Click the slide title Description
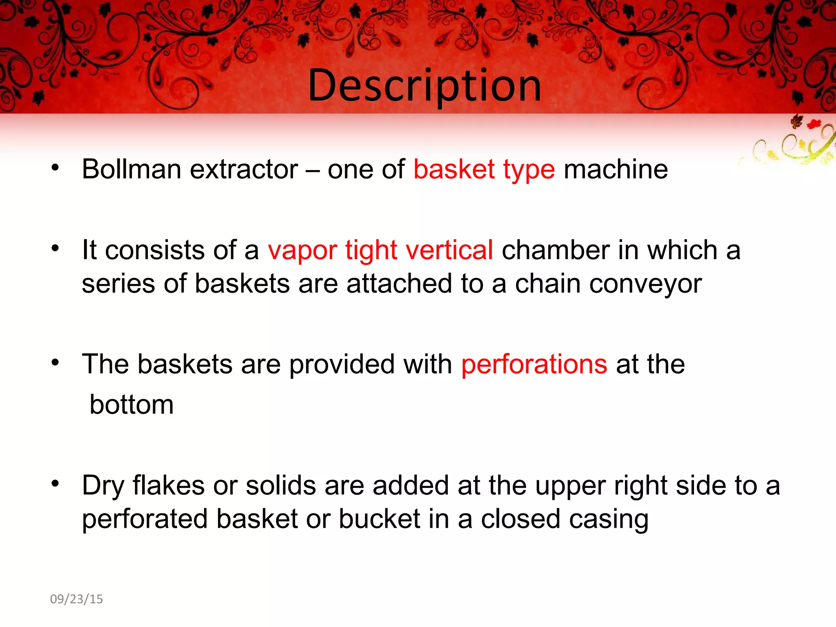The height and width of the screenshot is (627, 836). pyautogui.click(x=425, y=86)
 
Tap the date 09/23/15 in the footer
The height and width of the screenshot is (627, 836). pyautogui.click(x=76, y=599)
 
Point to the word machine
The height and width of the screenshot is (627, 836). pyautogui.click(x=616, y=169)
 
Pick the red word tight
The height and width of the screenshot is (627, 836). pyautogui.click(x=371, y=250)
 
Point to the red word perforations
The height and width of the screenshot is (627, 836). pyautogui.click(x=534, y=364)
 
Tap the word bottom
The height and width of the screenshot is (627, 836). pyautogui.click(x=131, y=405)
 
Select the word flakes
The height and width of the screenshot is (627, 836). pyautogui.click(x=169, y=485)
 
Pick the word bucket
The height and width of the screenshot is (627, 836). pyautogui.click(x=379, y=519)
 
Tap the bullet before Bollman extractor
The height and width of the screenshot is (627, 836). pyautogui.click(x=56, y=167)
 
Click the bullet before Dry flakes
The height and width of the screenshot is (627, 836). pyautogui.click(x=56, y=484)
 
